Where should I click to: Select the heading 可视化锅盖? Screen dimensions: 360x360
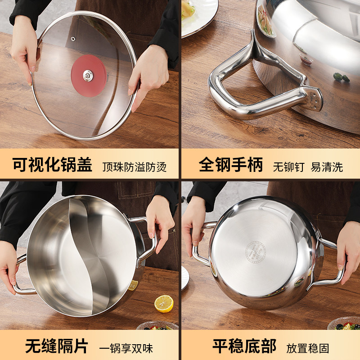point(52,165)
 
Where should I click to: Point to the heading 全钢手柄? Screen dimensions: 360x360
point(231,165)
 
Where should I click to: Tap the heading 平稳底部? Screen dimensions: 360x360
point(244,346)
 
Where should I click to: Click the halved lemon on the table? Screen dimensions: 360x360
point(164,303)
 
